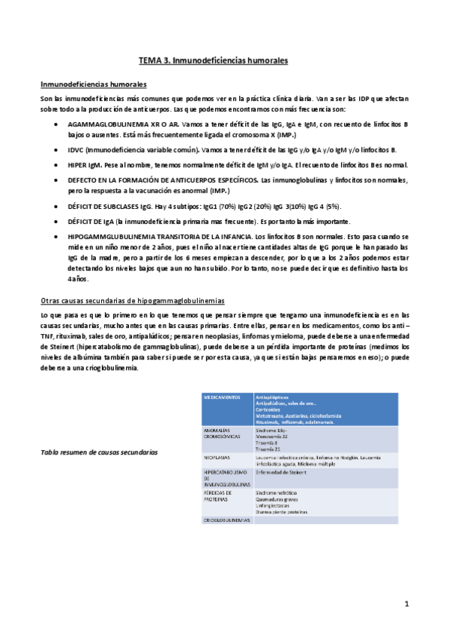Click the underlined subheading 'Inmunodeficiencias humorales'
[93, 84]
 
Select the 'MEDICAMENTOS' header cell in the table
[223, 396]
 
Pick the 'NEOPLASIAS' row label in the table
[217, 456]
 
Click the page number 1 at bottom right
[406, 603]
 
